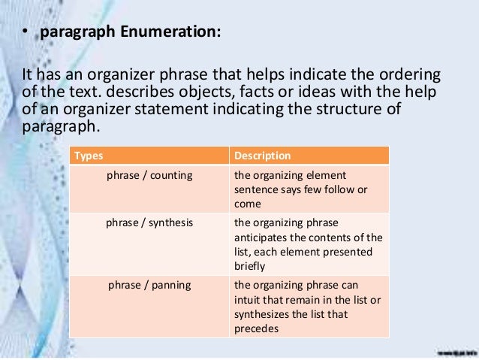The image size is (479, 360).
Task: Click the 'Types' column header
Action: pyautogui.click(x=87, y=156)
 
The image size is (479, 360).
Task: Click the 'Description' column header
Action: pyautogui.click(x=262, y=156)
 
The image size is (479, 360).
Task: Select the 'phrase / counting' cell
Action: pyautogui.click(x=149, y=176)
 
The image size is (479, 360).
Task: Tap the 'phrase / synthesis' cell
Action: pyautogui.click(x=149, y=223)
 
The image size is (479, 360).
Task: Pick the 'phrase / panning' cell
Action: pyautogui.click(x=149, y=286)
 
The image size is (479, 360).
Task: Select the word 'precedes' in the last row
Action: pyautogui.click(x=256, y=328)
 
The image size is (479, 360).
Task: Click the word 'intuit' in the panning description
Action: pyautogui.click(x=247, y=300)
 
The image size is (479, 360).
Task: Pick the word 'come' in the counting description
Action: pyautogui.click(x=248, y=204)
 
